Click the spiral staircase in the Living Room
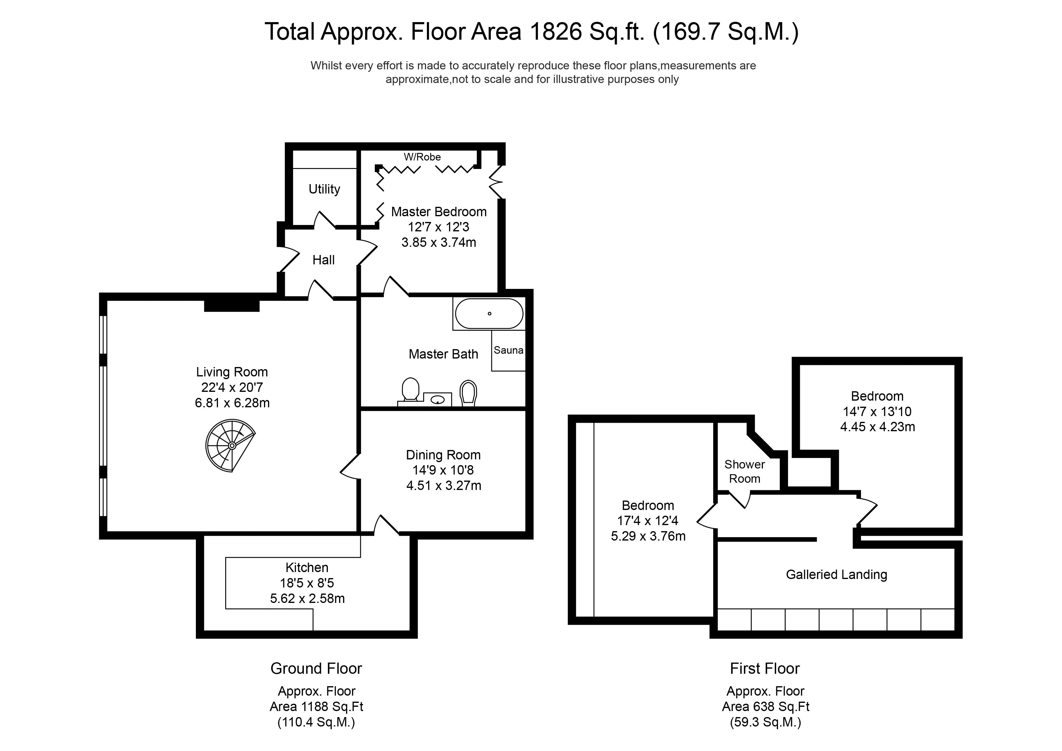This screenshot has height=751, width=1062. pos(230,445)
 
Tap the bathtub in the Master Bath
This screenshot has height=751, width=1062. pos(489,314)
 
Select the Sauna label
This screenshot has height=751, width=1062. pos(508,350)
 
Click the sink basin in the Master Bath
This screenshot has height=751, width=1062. pos(437,400)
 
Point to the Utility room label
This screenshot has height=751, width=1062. pos(324,189)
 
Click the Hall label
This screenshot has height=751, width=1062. pos(323,260)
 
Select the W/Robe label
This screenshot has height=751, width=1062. pos(422,157)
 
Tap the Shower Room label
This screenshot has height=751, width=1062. pos(744,471)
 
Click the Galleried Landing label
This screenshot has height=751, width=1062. pos(836,575)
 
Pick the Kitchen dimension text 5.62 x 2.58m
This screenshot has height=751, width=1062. pos(307,599)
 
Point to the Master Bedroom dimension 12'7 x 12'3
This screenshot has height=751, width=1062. pos(438,227)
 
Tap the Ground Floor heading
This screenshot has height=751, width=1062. pos(316,669)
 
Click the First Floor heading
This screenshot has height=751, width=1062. pos(765,669)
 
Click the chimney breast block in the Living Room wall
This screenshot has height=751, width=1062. pos(232,306)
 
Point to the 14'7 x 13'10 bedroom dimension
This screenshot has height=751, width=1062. pos(877,411)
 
